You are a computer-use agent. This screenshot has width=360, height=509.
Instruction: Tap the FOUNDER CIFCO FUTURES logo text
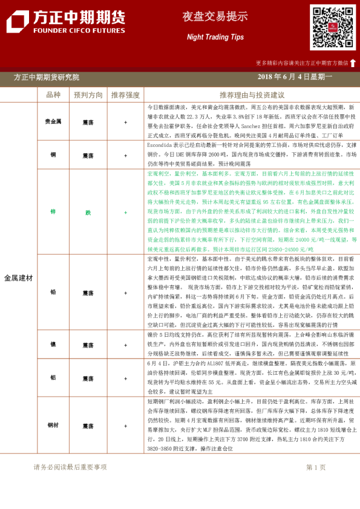pyautogui.click(x=71, y=30)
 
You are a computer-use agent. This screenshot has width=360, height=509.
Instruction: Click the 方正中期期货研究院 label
pyautogui.click(x=47, y=77)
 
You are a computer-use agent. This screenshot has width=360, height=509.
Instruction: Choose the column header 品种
pyautogui.click(x=53, y=95)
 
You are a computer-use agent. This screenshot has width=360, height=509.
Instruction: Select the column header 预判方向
pyautogui.click(x=88, y=95)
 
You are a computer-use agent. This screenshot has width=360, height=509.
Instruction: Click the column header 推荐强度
pyautogui.click(x=125, y=95)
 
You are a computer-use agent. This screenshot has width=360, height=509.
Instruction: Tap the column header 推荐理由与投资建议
pyautogui.click(x=252, y=95)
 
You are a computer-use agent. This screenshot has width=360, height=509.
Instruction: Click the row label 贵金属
pyautogui.click(x=53, y=122)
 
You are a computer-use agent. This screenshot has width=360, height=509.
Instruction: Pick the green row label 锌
pyautogui.click(x=53, y=212)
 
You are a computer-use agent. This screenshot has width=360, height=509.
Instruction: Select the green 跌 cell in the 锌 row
pyautogui.click(x=88, y=212)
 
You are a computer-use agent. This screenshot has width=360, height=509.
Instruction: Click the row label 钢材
pyautogui.click(x=53, y=425)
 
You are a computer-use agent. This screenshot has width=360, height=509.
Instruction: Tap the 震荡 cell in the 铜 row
pyautogui.click(x=88, y=155)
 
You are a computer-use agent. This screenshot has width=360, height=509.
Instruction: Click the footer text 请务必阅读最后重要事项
pyautogui.click(x=70, y=467)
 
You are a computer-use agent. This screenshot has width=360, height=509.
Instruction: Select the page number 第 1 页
pyautogui.click(x=316, y=467)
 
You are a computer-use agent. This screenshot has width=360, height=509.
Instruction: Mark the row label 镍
pyautogui.click(x=53, y=345)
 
